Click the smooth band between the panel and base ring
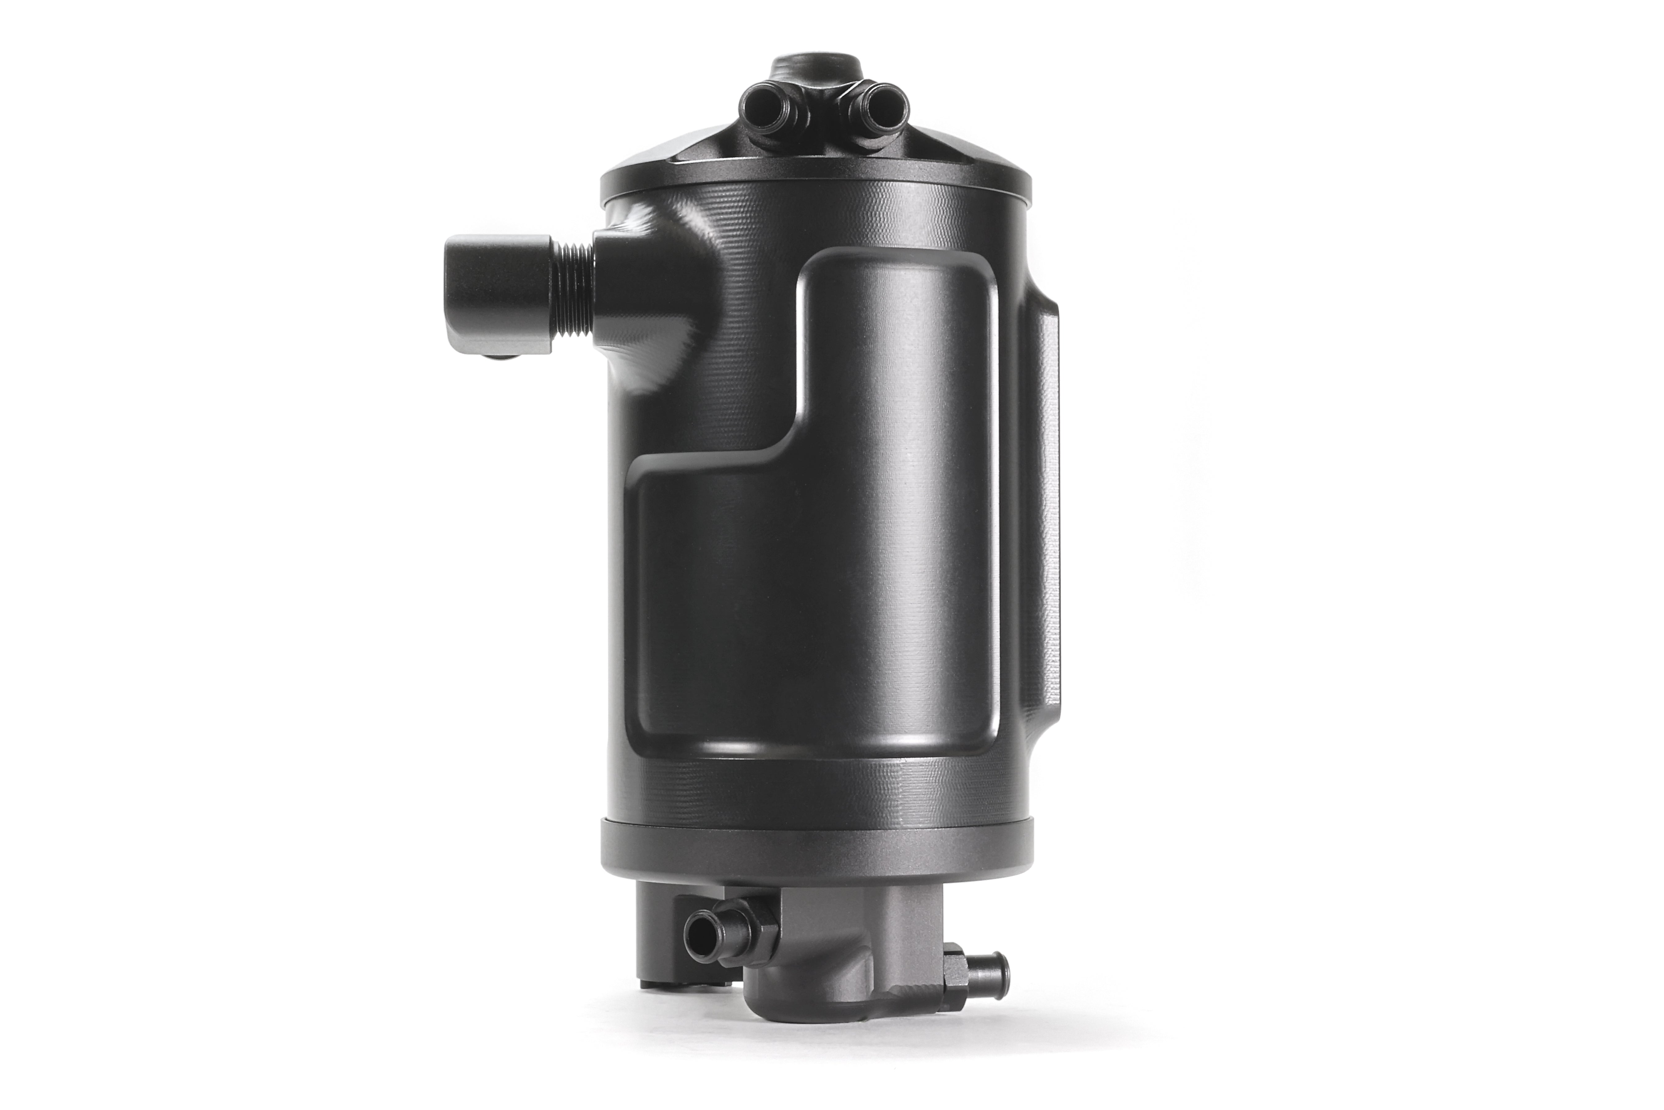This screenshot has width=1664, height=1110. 814,789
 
